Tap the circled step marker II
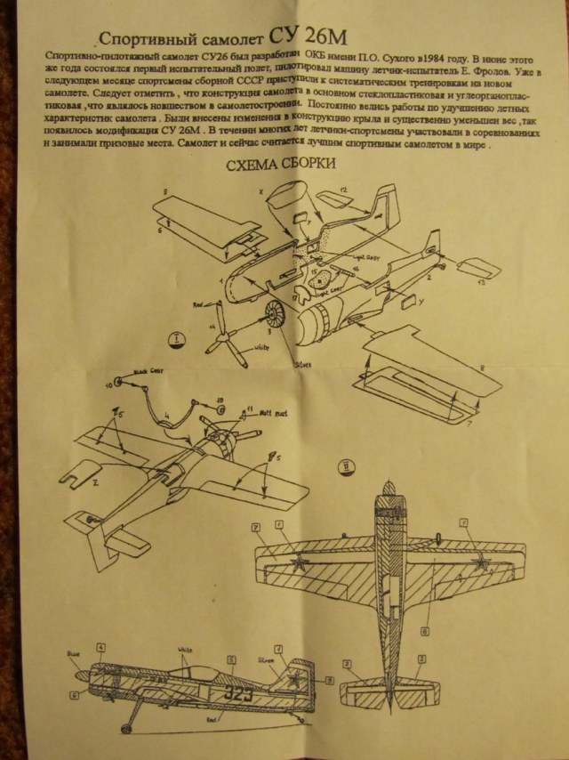point(346,463)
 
